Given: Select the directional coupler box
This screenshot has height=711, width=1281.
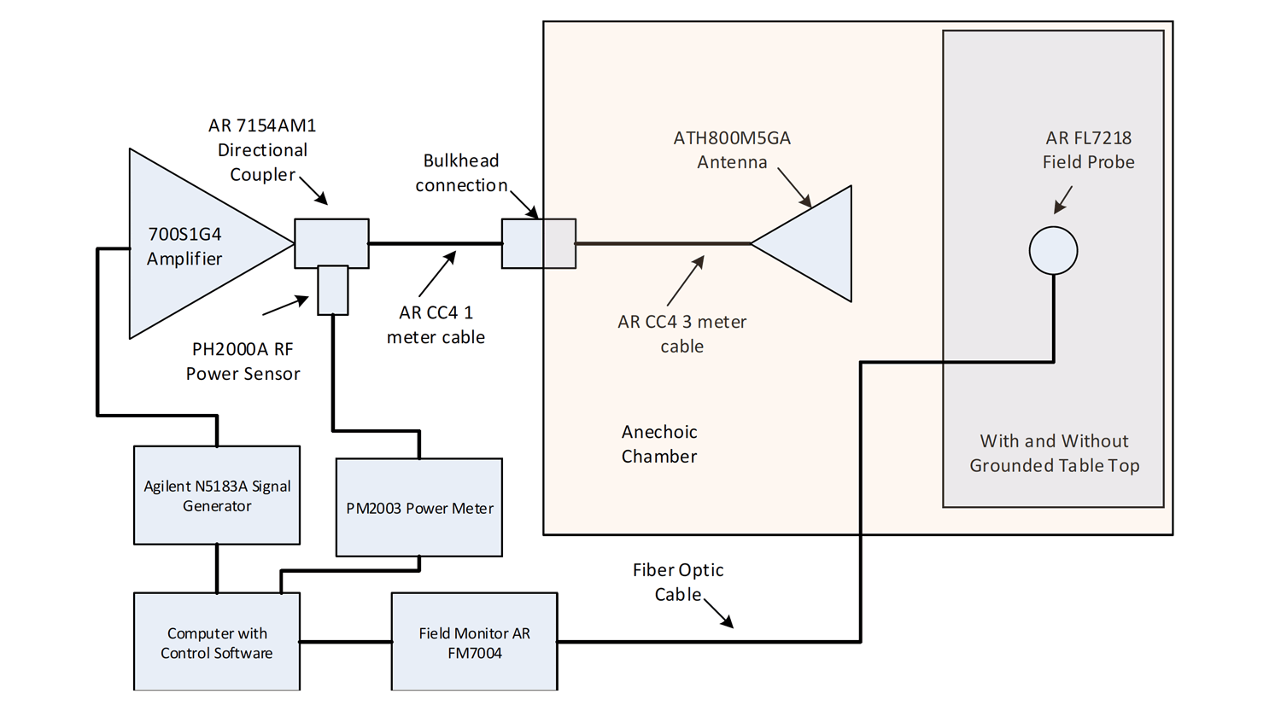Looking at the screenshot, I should coord(331,242).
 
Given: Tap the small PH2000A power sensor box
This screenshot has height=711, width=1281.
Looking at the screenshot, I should coord(332,290).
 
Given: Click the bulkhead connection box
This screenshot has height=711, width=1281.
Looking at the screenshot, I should coord(538,244).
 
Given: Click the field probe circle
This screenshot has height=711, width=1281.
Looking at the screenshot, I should coord(1053,251).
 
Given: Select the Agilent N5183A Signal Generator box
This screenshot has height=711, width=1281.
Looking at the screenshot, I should coord(217,496).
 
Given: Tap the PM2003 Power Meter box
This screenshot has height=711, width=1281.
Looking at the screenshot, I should coord(419,508).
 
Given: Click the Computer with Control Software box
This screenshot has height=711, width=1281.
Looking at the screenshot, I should coord(217,643).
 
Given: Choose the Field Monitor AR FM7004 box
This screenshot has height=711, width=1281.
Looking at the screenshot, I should coord(474,643).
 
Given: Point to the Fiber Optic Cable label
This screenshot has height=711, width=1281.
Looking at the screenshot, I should coord(678,582).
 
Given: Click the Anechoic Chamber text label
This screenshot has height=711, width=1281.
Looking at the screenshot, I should coord(659,444).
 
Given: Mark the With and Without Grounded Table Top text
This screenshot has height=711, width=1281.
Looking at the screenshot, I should coord(1054,453).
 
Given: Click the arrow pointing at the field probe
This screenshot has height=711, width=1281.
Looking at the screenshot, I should coord(1062,200).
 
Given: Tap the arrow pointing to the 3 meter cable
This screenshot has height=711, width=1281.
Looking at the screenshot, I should coord(686,280).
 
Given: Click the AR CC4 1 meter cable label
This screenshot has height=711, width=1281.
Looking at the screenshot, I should coord(436,325).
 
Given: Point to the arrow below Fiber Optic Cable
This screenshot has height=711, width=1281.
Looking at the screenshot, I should coord(718,612).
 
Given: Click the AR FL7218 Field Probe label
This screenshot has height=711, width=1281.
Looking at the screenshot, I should coord(1088,149).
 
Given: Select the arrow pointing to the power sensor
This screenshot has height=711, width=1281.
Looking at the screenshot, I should coord(285,305).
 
